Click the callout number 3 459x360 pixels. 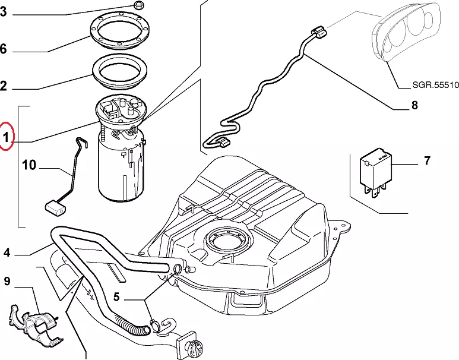(4, 12)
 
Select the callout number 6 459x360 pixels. (4, 50)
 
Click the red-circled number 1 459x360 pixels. (5, 138)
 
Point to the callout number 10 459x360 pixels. (29, 165)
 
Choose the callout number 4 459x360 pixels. (7, 253)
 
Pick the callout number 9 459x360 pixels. (7, 280)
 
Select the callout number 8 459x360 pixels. (414, 106)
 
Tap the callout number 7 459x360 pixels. (426, 160)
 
